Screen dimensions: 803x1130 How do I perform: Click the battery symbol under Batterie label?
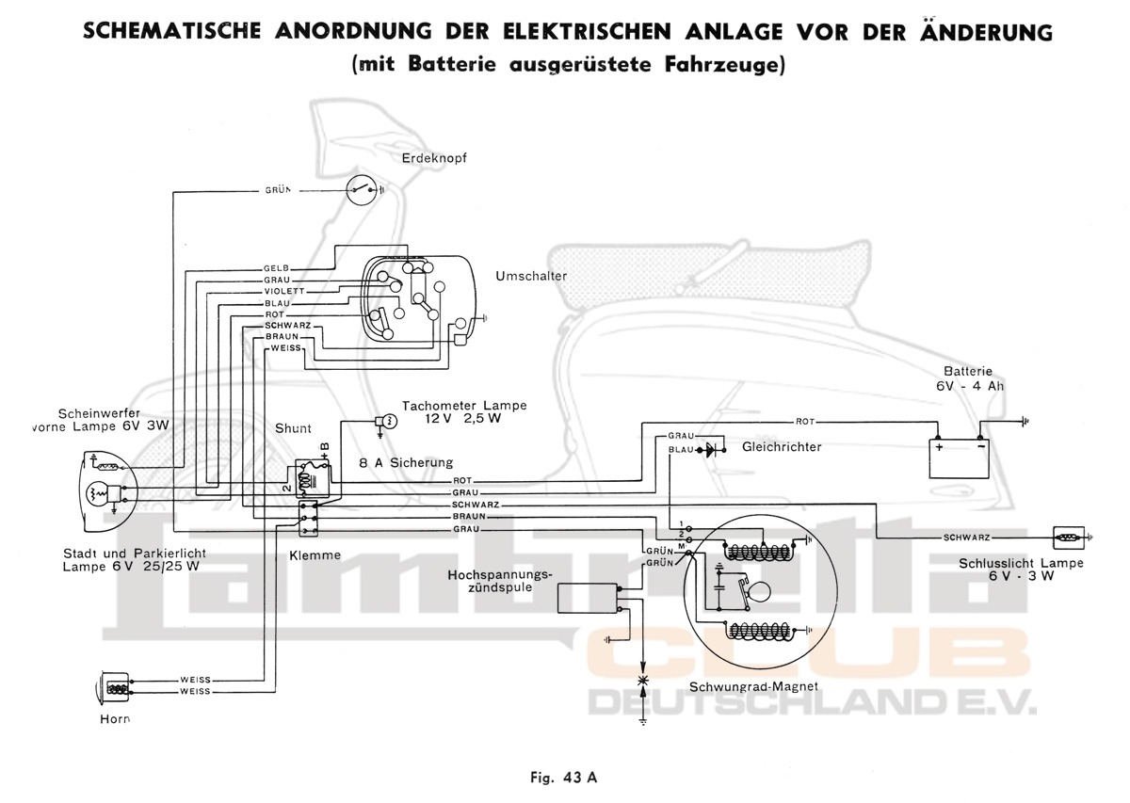click(959, 448)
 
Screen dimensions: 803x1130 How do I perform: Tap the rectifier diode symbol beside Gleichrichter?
click(712, 449)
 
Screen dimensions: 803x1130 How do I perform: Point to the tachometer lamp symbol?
click(384, 420)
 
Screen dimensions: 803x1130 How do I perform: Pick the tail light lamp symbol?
click(1068, 538)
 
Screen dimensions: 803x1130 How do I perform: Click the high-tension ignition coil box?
click(588, 598)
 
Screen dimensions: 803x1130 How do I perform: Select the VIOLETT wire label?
click(282, 292)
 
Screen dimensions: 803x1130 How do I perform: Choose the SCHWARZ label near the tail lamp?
click(964, 538)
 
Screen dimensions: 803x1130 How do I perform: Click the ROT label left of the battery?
click(805, 421)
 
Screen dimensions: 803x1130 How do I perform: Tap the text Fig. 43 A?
click(563, 778)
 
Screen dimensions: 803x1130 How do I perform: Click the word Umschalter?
click(531, 276)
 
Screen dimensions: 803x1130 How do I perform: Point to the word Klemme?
click(315, 555)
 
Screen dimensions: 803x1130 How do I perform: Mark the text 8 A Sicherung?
click(407, 462)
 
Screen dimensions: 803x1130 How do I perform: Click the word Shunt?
click(293, 428)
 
